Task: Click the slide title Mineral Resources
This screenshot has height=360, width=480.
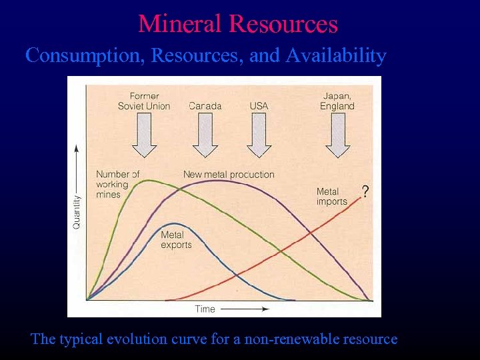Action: pyautogui.click(x=238, y=24)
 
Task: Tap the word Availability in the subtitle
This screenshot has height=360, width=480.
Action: pyautogui.click(x=336, y=55)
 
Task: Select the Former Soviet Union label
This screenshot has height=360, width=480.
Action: pyautogui.click(x=144, y=101)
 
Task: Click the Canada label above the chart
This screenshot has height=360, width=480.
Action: pyautogui.click(x=205, y=106)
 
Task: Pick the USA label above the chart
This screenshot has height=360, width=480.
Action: pyautogui.click(x=259, y=106)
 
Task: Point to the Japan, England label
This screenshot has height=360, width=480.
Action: pyautogui.click(x=338, y=101)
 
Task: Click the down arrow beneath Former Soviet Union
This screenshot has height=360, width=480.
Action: pyautogui.click(x=144, y=135)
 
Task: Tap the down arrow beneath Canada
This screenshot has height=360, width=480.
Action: pyautogui.click(x=205, y=135)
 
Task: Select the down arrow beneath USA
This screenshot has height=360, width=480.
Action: pyautogui.click(x=259, y=135)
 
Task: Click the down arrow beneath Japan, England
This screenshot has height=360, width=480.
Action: pyautogui.click(x=338, y=135)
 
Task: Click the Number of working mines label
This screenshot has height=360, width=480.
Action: pyautogui.click(x=117, y=184)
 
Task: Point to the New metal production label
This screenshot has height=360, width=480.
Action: pyautogui.click(x=229, y=175)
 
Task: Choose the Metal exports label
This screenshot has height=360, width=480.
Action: pyautogui.click(x=176, y=240)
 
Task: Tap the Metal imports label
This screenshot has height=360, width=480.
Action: pyautogui.click(x=331, y=197)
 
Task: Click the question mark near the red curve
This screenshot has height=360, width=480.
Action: pyautogui.click(x=365, y=192)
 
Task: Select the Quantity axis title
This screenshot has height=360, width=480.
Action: pyautogui.click(x=77, y=211)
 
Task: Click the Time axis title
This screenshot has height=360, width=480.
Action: pyautogui.click(x=205, y=309)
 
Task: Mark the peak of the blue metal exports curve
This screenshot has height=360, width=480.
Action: pyautogui.click(x=173, y=223)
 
